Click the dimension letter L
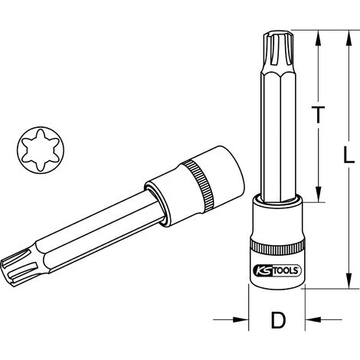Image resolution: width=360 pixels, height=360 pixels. click(x=349, y=155)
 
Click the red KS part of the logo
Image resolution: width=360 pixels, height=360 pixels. click(x=263, y=269)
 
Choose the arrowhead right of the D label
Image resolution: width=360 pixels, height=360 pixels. click(x=308, y=319)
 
